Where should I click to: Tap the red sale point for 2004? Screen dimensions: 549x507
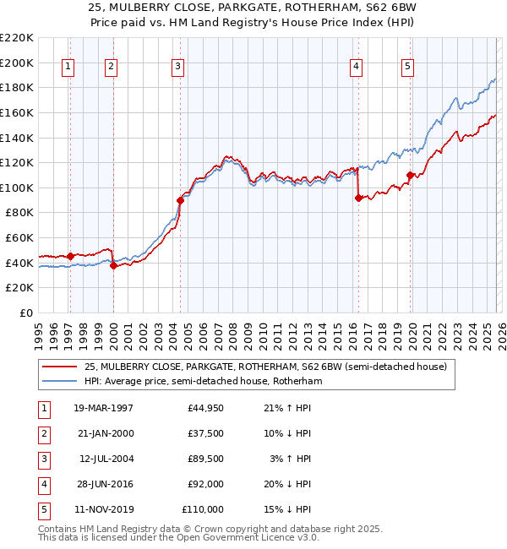pyautogui.click(x=180, y=201)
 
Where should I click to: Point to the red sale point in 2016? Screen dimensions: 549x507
pyautogui.click(x=358, y=198)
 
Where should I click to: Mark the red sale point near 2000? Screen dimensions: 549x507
pyautogui.click(x=113, y=265)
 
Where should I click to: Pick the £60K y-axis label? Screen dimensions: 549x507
pyautogui.click(x=19, y=238)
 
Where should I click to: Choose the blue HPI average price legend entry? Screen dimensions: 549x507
pyautogui.click(x=203, y=381)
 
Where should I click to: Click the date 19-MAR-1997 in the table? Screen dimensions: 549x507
pyautogui.click(x=103, y=409)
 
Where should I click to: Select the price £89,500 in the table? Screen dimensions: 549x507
pyautogui.click(x=205, y=459)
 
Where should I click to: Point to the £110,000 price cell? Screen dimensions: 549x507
pyautogui.click(x=203, y=510)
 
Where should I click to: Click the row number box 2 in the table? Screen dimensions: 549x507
pyautogui.click(x=43, y=434)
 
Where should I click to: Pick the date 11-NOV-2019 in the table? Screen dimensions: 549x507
pyautogui.click(x=103, y=510)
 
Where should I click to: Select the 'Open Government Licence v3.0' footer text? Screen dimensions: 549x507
pyautogui.click(x=245, y=537)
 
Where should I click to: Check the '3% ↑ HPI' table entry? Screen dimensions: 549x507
pyautogui.click(x=289, y=459)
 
